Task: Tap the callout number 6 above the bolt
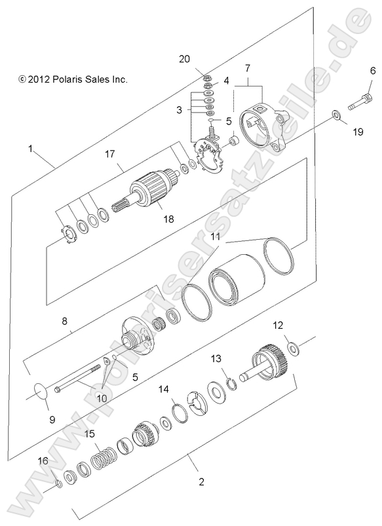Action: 373,71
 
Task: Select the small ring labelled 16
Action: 57,484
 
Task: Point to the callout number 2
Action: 202,482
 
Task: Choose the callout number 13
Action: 216,359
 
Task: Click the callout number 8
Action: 65,322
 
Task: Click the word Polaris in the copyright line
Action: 64,79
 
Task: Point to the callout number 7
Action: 248,68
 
